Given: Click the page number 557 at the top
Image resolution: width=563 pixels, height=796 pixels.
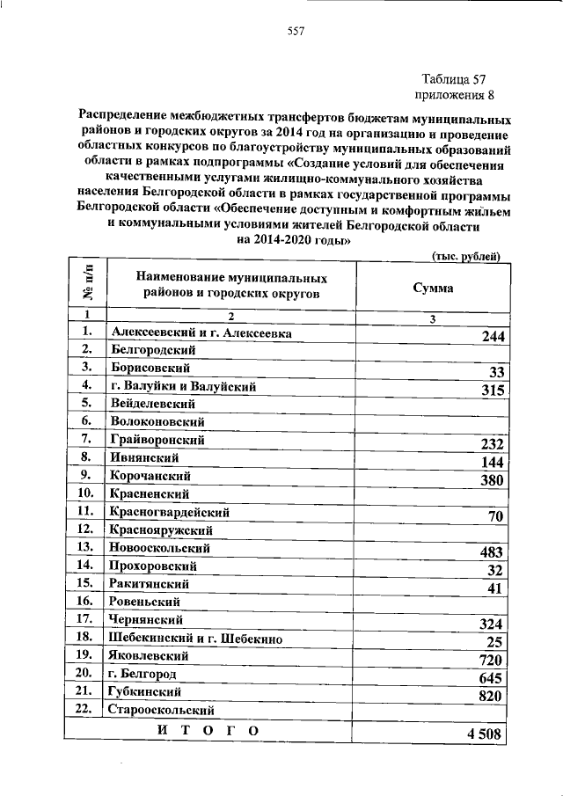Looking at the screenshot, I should tap(296, 33).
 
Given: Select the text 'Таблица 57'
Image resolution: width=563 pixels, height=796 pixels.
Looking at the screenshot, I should tap(452, 78).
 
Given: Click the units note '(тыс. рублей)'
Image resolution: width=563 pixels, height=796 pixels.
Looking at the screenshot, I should tap(466, 256).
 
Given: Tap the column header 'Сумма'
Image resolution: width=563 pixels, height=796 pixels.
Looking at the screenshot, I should tap(433, 288).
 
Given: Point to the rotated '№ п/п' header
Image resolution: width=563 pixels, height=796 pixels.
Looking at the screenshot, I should tap(87, 286).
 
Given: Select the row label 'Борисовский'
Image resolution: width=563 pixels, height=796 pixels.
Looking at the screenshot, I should tap(149, 368).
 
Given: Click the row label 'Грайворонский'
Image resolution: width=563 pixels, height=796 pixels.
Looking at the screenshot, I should tap(157, 438).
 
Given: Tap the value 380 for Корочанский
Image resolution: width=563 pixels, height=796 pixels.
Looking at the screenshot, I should tap(490, 480).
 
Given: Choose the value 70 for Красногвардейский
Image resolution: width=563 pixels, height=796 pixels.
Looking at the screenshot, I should tap(494, 516).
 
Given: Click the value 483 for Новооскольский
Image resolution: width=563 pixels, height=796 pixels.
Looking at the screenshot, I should tap(490, 552).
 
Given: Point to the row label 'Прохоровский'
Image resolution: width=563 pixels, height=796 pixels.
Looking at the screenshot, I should tap(153, 566).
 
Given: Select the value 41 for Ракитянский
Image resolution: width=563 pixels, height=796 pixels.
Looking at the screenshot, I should tap(494, 588).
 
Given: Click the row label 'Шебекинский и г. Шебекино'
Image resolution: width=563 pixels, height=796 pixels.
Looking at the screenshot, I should tap(194, 638).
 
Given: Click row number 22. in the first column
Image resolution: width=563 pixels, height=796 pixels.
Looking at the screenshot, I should tap(86, 710).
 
